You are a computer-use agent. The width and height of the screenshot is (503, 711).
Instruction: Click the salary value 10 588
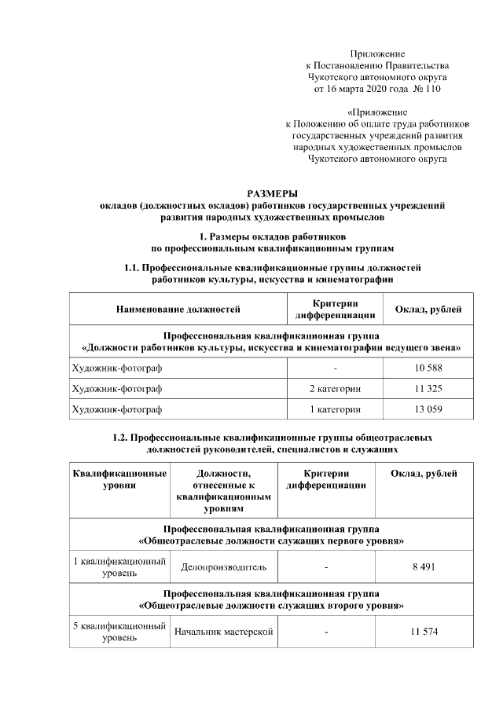click(428, 368)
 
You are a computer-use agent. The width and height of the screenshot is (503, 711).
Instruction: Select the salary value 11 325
click(428, 389)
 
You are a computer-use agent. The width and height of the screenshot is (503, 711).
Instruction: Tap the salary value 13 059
click(428, 409)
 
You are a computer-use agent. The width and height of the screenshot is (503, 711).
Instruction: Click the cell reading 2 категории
click(335, 389)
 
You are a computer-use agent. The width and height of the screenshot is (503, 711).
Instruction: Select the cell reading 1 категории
click(335, 409)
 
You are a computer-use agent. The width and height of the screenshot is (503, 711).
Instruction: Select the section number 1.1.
click(134, 268)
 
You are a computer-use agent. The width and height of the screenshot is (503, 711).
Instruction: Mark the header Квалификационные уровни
click(119, 479)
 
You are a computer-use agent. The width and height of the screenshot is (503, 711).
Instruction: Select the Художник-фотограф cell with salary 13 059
click(116, 409)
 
